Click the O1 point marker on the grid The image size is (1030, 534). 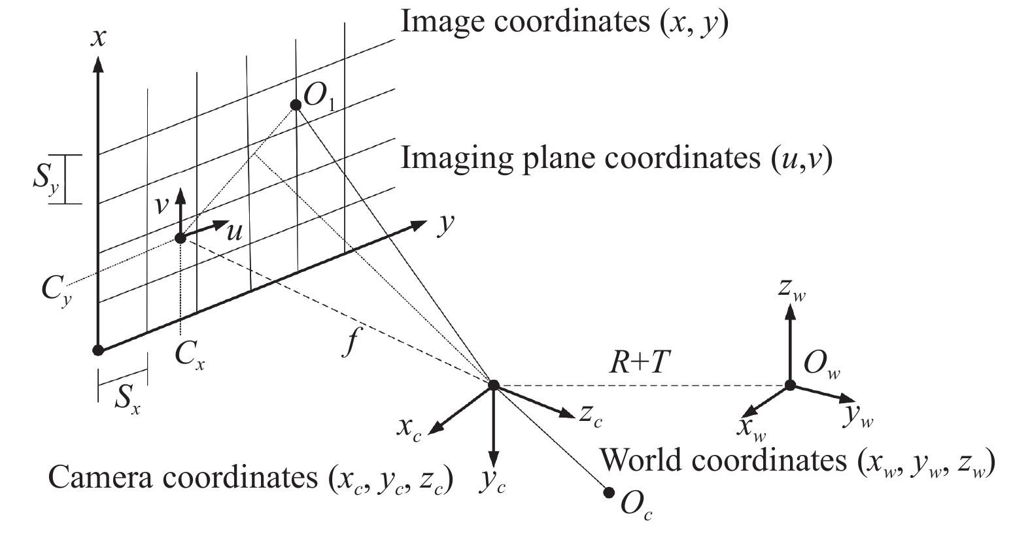tap(296, 105)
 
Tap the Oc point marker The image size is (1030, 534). tap(609, 493)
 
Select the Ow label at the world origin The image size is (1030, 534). tap(821, 365)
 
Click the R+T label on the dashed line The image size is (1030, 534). tap(640, 361)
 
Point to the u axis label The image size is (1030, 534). tap(234, 233)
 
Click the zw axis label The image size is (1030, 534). tap(792, 289)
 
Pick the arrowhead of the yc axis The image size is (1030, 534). tap(493, 459)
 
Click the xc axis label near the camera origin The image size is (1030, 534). tap(409, 429)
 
